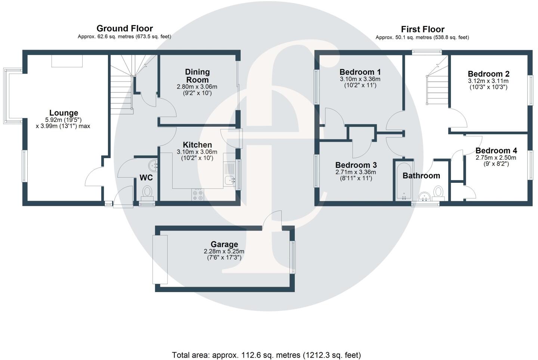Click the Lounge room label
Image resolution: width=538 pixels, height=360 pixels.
pyautogui.click(x=64, y=113)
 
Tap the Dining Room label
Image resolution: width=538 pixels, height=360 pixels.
pyautogui.click(x=197, y=76)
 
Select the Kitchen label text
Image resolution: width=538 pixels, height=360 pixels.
pyautogui.click(x=197, y=145)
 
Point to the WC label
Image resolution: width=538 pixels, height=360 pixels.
pyautogui.click(x=146, y=178)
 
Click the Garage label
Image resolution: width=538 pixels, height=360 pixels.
pyautogui.click(x=224, y=245)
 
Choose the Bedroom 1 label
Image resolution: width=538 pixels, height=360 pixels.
pyautogui.click(x=360, y=72)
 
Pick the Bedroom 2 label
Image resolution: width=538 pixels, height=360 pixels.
pyautogui.click(x=488, y=74)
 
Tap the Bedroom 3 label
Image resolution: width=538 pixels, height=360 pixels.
pyautogui.click(x=356, y=165)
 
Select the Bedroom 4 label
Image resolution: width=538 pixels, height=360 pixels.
pyautogui.click(x=496, y=151)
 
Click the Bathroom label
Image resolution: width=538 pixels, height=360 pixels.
pyautogui.click(x=421, y=176)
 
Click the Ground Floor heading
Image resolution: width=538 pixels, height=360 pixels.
pyautogui.click(x=124, y=28)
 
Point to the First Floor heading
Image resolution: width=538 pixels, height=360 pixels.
pyautogui.click(x=423, y=29)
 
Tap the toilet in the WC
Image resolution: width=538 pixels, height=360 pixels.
pyautogui.click(x=148, y=193)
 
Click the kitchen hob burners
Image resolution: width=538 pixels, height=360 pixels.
pyautogui.click(x=198, y=194)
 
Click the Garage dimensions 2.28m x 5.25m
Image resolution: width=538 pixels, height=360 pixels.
pyautogui.click(x=224, y=252)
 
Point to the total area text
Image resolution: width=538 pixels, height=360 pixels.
pyautogui.click(x=266, y=355)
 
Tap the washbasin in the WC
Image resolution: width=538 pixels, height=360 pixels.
pyautogui.click(x=152, y=164)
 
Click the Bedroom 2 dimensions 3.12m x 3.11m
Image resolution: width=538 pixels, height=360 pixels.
pyautogui.click(x=488, y=81)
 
